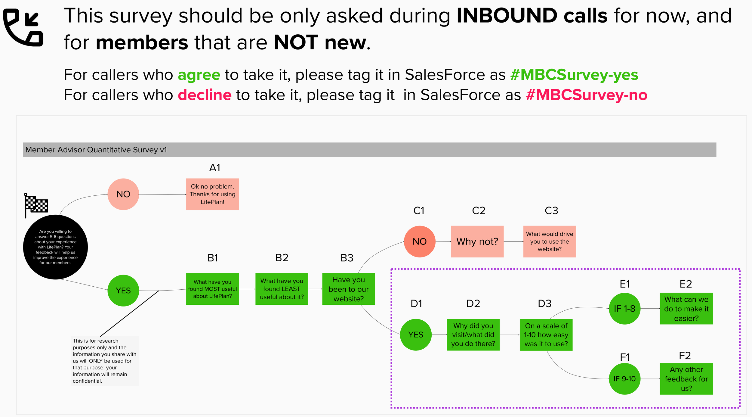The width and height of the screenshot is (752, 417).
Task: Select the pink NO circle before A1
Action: [x=123, y=194]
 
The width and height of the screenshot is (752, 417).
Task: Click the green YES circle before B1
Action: [x=123, y=291]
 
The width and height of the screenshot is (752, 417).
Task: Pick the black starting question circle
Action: [x=55, y=247]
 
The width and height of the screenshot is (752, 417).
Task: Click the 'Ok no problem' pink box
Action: [x=212, y=194]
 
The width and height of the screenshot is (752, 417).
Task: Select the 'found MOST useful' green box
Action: [x=212, y=289]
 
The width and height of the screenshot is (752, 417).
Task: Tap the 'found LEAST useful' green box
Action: [x=282, y=289]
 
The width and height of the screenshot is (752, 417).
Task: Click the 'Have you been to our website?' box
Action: [x=349, y=289]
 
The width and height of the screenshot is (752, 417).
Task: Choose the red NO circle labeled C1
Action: [x=420, y=241]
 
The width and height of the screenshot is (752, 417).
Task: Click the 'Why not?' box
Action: [x=477, y=241]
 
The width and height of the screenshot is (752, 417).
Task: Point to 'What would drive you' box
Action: [x=550, y=241]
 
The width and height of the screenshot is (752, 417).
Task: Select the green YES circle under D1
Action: [x=416, y=335]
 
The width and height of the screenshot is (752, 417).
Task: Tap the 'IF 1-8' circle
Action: [x=624, y=309]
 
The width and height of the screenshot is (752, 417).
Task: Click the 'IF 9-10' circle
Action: [x=624, y=379]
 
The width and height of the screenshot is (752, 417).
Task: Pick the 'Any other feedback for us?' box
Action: [x=686, y=379]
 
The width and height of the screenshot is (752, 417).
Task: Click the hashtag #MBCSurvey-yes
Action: [x=574, y=75]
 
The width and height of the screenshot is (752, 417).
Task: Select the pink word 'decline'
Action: [x=205, y=95]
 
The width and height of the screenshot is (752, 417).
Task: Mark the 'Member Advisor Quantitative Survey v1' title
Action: [x=96, y=150]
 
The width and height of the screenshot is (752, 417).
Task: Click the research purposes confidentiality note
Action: [x=105, y=361]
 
